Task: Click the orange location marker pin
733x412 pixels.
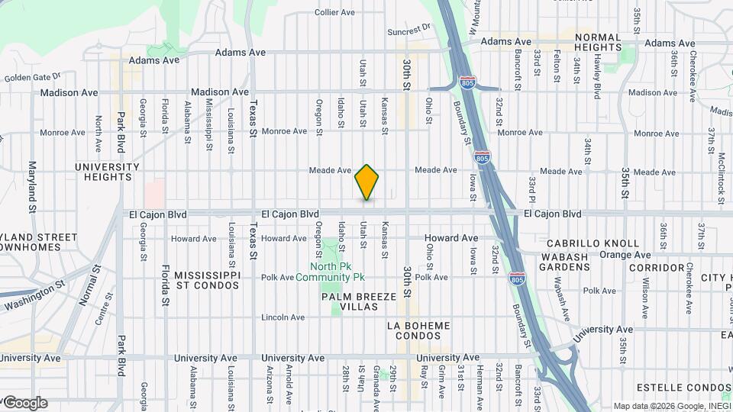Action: click(x=366, y=182)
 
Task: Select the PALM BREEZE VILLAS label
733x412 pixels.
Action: click(x=350, y=301)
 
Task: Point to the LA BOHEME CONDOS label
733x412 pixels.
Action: click(x=418, y=331)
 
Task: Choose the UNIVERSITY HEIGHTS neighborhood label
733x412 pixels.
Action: click(x=107, y=172)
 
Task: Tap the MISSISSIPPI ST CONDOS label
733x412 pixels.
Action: click(x=207, y=280)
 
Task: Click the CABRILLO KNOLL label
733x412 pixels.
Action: click(x=593, y=243)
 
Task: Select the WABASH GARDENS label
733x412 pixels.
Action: click(x=564, y=262)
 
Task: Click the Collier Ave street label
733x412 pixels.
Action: click(x=335, y=12)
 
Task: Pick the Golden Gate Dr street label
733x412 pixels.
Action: click(x=32, y=78)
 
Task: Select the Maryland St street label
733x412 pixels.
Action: click(x=33, y=187)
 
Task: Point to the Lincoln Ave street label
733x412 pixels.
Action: click(x=283, y=317)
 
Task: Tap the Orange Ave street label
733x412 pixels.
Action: click(x=625, y=255)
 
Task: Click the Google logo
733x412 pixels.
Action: click(x=25, y=403)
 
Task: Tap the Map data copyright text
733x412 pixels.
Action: click(x=672, y=406)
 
